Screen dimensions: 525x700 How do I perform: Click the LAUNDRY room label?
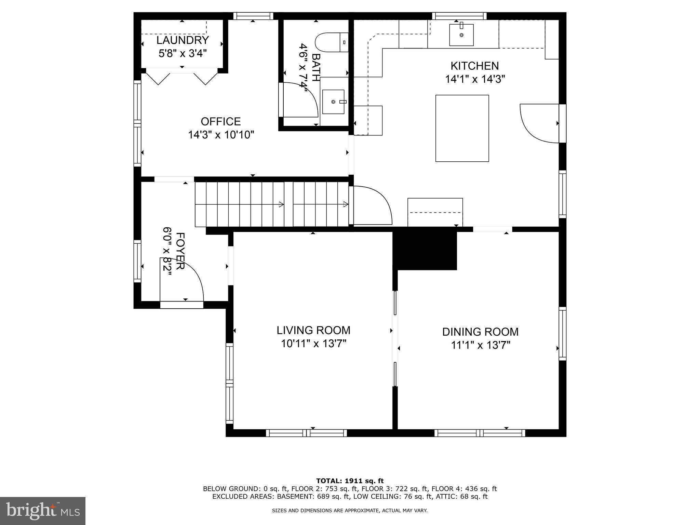click(x=183, y=40)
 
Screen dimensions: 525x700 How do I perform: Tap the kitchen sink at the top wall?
click(x=461, y=35)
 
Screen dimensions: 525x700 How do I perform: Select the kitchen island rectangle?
click(x=462, y=128)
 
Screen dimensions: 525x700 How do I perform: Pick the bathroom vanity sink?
click(x=333, y=102)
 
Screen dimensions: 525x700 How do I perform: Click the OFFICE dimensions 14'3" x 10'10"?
click(x=221, y=135)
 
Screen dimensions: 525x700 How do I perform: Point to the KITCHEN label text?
click(x=474, y=66)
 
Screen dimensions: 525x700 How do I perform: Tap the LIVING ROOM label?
click(x=313, y=330)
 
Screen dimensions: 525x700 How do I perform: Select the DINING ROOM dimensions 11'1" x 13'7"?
click(x=480, y=345)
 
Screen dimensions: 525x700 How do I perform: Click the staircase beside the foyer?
click(x=272, y=204)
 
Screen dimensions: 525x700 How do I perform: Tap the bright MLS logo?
click(x=42, y=511)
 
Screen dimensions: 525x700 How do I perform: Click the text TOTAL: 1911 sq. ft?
click(x=350, y=481)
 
